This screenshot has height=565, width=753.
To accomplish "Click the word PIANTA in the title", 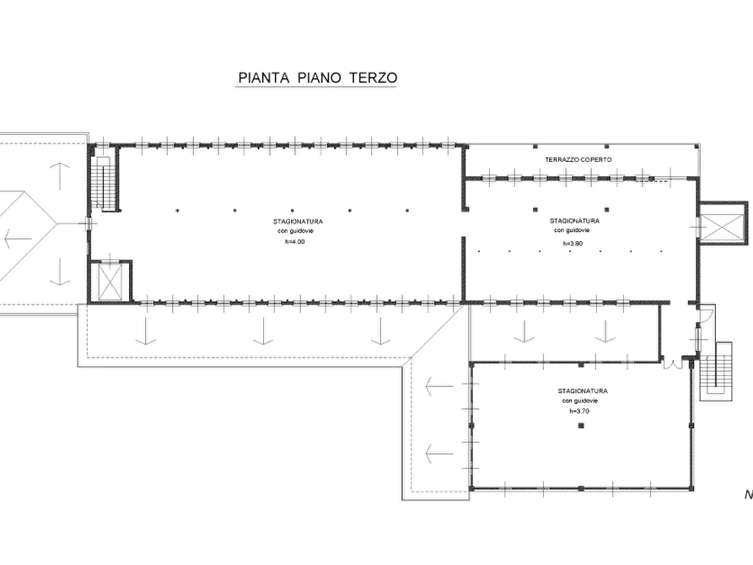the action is (264, 78).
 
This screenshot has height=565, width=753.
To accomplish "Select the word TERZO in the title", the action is (374, 78).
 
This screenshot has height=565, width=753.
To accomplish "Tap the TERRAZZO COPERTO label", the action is (578, 159).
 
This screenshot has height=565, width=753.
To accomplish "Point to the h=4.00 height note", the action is (294, 242).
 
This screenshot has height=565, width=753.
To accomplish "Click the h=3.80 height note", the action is (573, 244).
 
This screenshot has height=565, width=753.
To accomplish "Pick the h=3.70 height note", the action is (579, 412).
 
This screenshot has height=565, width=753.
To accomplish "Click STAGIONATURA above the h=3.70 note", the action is (583, 391).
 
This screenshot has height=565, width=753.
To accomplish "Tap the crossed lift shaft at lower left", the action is (110, 281).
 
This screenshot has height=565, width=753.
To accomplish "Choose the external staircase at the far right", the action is (716, 371).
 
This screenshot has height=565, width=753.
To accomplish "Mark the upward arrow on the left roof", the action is (60, 176).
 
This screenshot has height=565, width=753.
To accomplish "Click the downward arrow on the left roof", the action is (60, 272).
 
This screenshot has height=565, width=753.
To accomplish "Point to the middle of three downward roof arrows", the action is (263, 331).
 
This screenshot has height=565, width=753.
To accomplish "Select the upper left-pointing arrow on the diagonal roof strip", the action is (439, 385).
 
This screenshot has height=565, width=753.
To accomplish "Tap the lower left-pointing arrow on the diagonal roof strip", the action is (439, 453).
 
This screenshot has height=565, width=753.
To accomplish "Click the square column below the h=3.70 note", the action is (581, 425).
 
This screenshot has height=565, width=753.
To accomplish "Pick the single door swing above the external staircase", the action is (707, 315).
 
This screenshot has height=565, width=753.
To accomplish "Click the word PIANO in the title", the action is (319, 78).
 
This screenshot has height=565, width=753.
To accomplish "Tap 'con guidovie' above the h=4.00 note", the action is (295, 231).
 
